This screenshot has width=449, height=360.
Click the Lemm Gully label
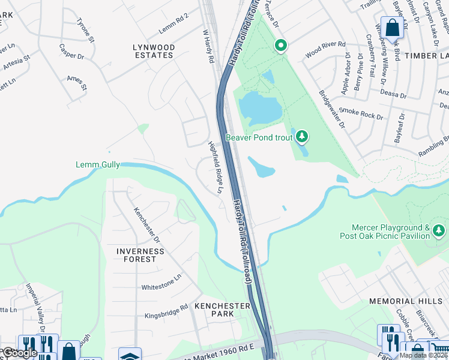coord(98,164)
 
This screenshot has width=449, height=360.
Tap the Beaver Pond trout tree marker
coord(303,137)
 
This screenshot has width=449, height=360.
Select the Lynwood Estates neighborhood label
coord(154,51)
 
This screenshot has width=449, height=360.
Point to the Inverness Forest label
coord(140,255)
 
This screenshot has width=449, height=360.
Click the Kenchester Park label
coord(222,310)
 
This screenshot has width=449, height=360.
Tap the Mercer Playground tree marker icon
coord(439,230)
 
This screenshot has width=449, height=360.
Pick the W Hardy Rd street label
coord(208,47)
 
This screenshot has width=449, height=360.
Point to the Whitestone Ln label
coord(161,283)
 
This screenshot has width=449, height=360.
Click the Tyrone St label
coord(86,30)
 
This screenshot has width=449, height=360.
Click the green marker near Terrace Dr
coord(280,46)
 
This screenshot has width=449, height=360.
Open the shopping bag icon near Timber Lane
coord(392,28)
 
